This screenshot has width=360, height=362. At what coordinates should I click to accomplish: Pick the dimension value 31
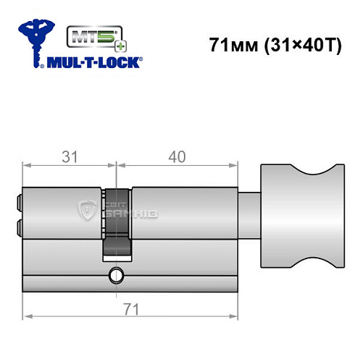(70, 155)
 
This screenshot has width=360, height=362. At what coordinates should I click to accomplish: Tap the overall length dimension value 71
(132, 308)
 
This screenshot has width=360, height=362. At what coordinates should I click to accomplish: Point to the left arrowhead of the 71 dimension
(28, 317)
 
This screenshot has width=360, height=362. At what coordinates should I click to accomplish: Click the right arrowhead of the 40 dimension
(235, 165)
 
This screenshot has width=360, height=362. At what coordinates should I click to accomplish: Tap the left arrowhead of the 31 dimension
(28, 165)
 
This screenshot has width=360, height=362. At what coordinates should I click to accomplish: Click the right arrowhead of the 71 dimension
(235, 317)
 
